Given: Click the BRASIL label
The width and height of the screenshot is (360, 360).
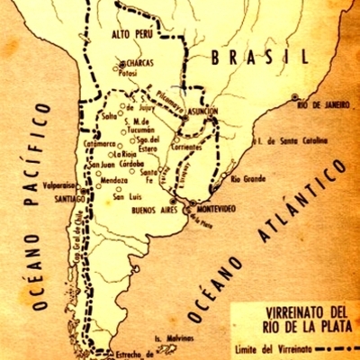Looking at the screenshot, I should point(249,58).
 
